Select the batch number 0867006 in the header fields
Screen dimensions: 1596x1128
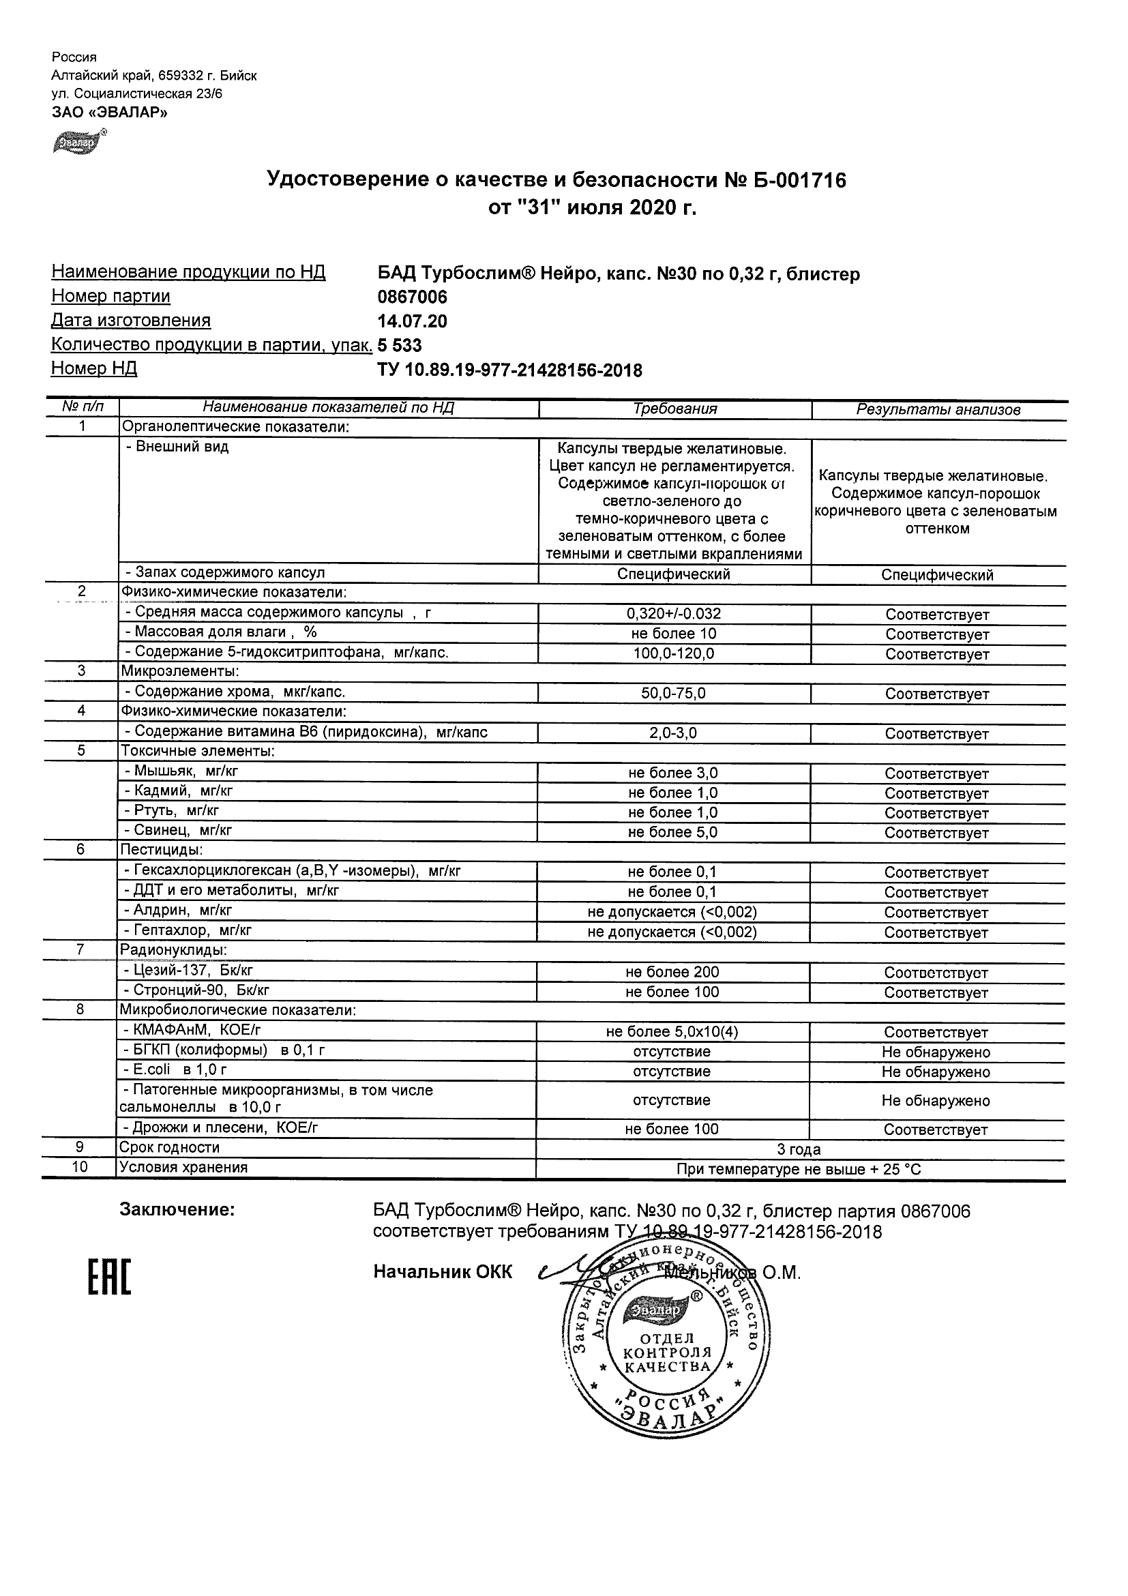tap(412, 297)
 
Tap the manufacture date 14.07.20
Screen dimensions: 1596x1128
tap(412, 321)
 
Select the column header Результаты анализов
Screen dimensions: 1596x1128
tap(938, 409)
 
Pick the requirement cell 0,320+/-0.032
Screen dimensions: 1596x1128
tap(674, 614)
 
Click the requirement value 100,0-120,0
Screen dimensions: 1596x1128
tap(674, 653)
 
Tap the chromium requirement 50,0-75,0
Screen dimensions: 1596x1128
tap(674, 693)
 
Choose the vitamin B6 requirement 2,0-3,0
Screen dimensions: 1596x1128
tap(674, 733)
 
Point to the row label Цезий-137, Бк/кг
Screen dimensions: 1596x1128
tap(192, 971)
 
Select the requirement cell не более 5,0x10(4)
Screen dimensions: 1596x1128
tap(672, 1032)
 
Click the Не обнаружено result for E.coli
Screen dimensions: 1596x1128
tap(936, 1072)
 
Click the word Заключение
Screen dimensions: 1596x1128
tap(177, 1210)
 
